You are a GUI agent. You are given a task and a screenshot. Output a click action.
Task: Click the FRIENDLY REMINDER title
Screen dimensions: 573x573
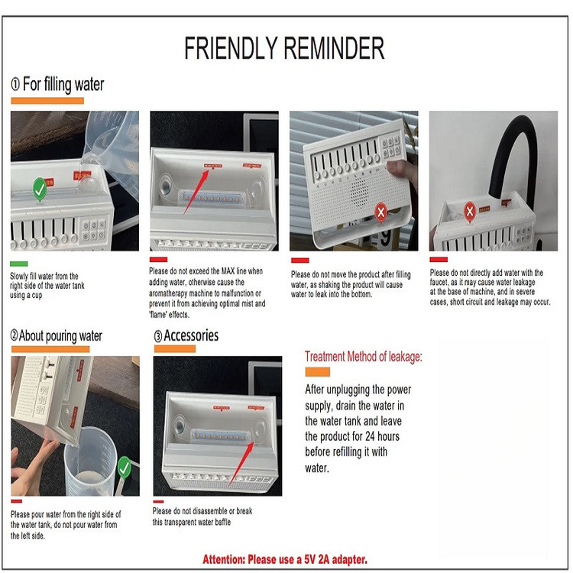[284, 48]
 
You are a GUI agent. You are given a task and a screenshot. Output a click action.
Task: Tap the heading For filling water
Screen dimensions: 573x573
[58, 84]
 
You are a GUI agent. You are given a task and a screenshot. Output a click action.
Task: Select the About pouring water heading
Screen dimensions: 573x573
[57, 335]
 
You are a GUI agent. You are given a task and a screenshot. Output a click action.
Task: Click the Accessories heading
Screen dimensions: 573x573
[186, 335]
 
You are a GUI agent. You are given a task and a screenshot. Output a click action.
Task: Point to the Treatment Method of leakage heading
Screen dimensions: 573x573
[364, 356]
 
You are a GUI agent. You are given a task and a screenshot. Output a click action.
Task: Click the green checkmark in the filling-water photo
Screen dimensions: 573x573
[40, 189]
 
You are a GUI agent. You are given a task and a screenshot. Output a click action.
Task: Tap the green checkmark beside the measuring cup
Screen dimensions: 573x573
[125, 467]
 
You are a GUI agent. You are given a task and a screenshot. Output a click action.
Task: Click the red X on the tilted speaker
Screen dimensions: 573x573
[380, 212]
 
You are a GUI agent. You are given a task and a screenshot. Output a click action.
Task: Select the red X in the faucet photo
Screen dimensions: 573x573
[470, 211]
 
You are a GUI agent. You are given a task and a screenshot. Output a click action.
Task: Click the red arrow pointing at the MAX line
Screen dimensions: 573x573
[196, 192]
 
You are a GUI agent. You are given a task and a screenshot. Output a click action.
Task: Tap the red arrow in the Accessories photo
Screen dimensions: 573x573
[241, 464]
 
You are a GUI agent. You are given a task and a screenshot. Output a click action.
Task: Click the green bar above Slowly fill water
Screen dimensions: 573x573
[19, 264]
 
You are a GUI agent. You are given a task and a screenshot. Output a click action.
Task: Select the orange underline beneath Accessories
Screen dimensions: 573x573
[175, 348]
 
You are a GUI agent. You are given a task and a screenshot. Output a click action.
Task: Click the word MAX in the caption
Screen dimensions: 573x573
[228, 271]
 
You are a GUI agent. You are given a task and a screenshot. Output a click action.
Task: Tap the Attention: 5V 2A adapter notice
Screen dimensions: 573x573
[285, 559]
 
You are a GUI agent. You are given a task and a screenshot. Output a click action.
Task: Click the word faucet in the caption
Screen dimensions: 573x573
[439, 282]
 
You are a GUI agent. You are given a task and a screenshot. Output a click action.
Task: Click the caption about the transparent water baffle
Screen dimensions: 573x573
[202, 516]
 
